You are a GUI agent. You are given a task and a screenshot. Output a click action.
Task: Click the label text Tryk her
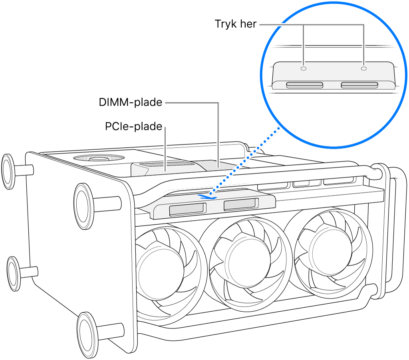(x=236, y=24)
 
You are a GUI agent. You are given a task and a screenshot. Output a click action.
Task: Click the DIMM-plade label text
(x=131, y=103)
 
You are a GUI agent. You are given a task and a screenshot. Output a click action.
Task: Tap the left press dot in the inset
(x=304, y=68)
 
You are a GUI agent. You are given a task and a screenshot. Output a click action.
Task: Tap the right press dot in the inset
(x=363, y=68)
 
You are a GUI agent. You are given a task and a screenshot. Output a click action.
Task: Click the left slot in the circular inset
(x=305, y=85)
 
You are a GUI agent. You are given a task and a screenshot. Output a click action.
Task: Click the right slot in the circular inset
(x=359, y=85)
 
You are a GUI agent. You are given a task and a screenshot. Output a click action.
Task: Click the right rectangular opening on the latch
(x=240, y=205)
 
